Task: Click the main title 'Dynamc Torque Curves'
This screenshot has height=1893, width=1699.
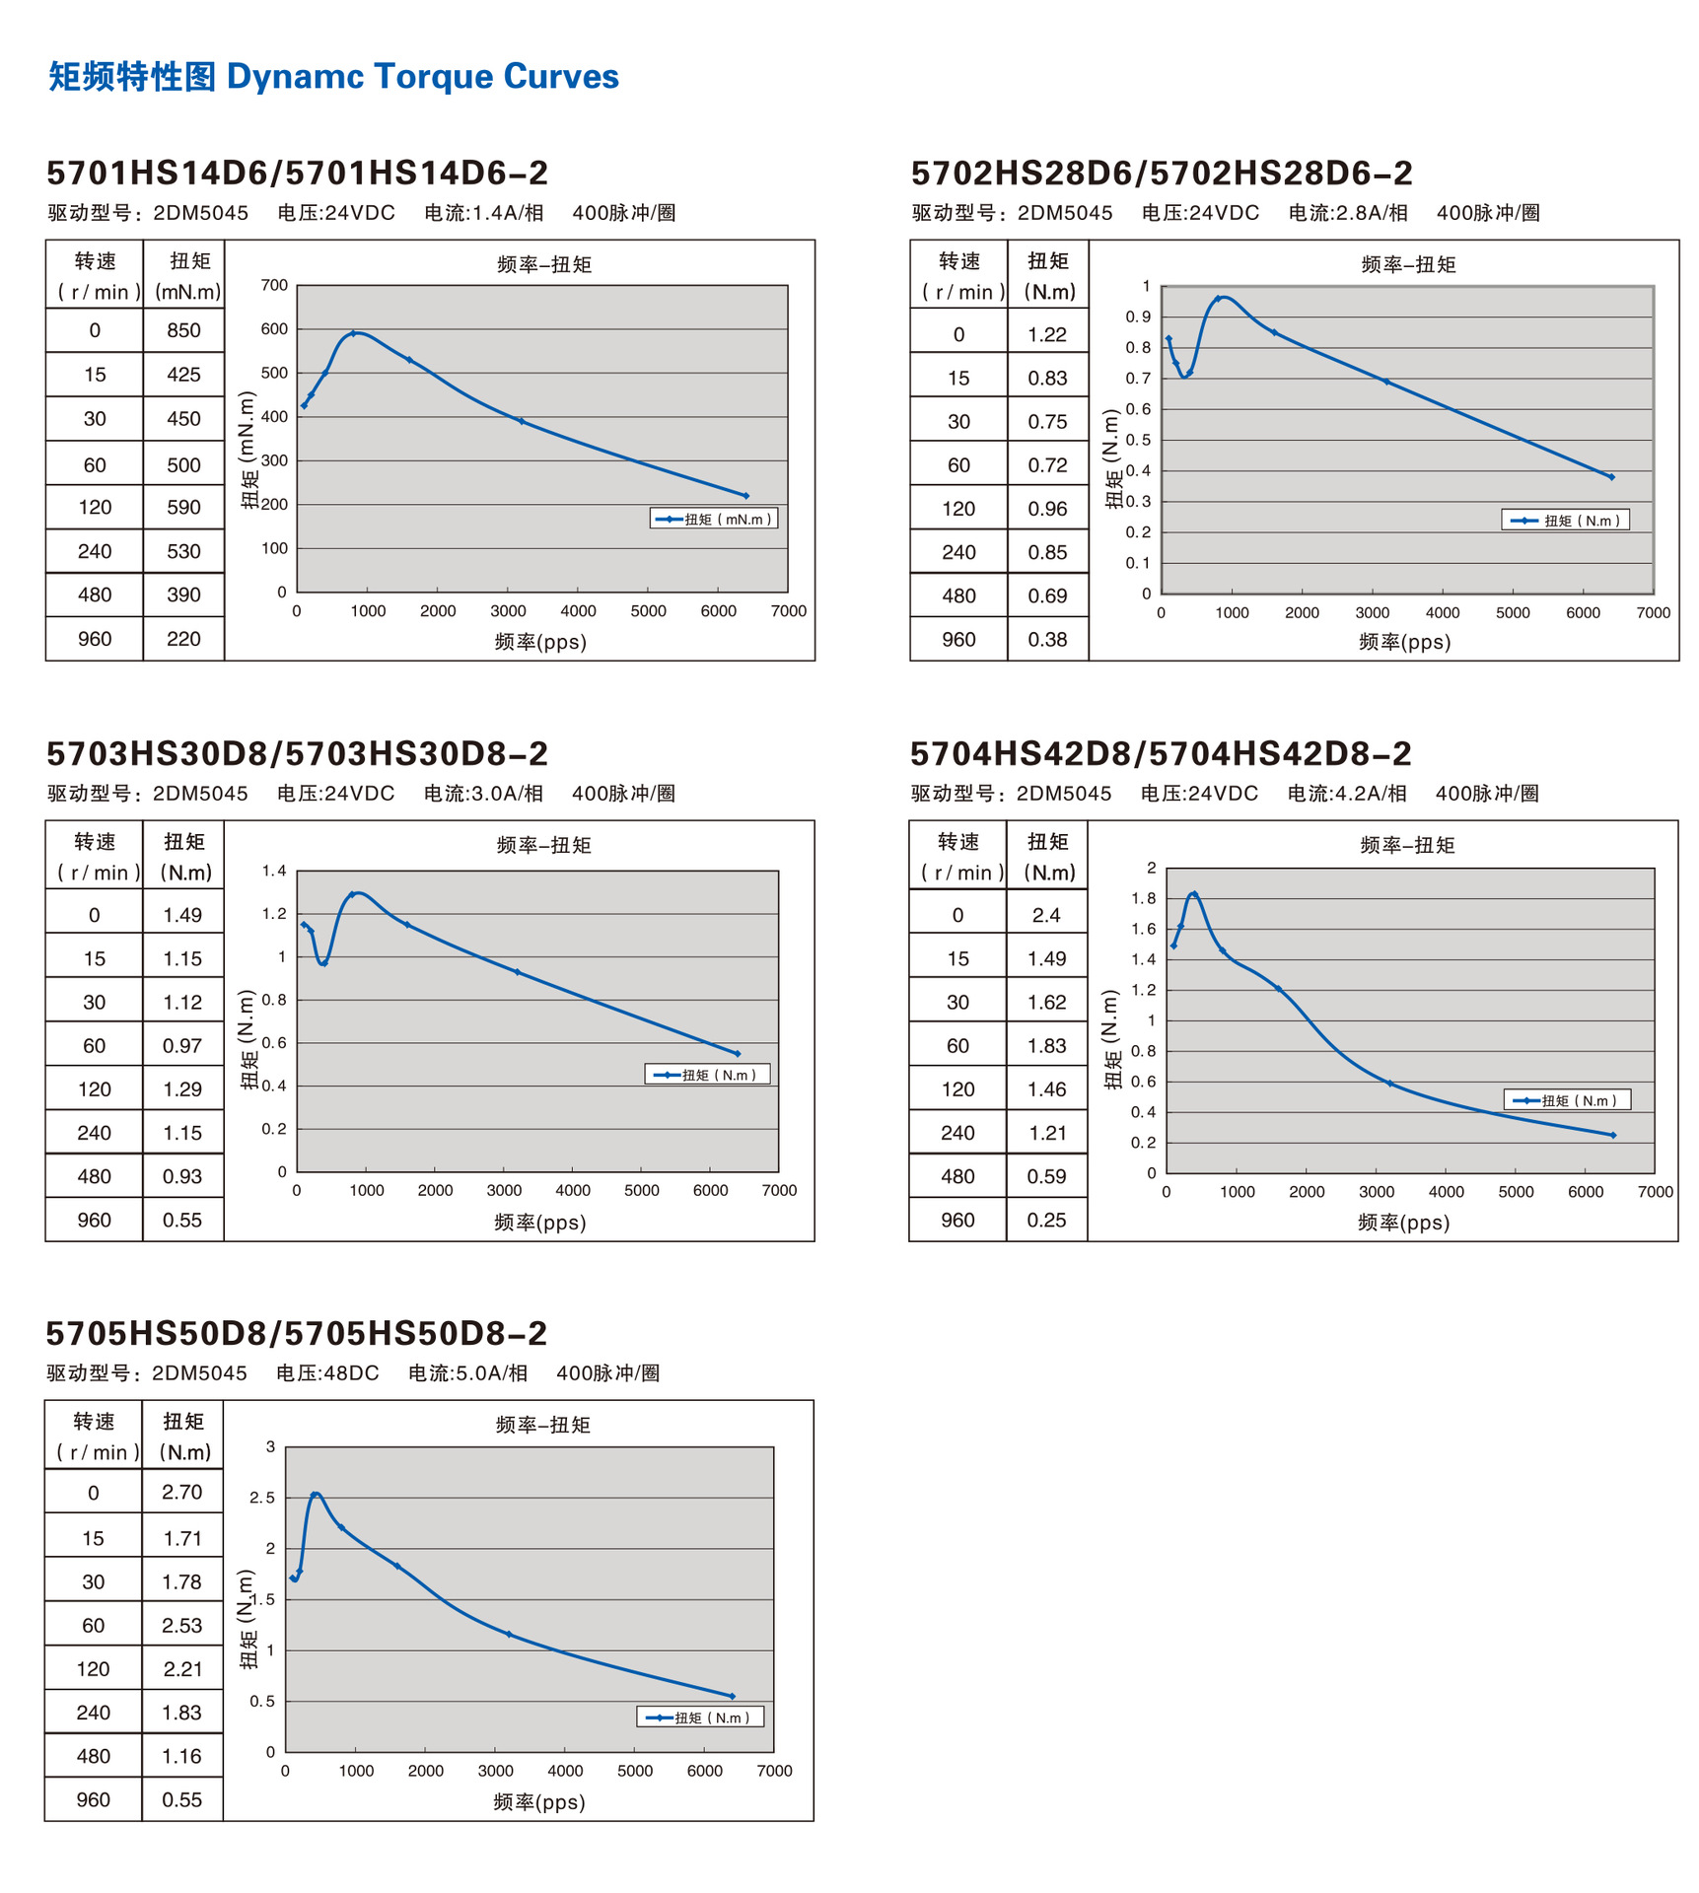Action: click(422, 77)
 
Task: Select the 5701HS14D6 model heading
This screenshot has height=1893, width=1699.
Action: click(297, 174)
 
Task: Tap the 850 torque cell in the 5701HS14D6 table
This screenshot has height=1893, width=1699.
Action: click(183, 331)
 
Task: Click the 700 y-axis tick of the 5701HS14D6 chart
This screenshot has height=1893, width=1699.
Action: click(274, 286)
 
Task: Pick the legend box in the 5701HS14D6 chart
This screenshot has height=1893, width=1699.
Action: click(713, 519)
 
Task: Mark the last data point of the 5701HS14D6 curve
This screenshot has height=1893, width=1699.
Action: click(745, 496)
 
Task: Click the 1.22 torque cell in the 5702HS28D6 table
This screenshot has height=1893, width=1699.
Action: click(1047, 335)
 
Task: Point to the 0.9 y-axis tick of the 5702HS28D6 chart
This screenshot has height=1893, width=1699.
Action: click(1138, 316)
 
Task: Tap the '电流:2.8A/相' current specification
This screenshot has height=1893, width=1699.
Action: click(1347, 213)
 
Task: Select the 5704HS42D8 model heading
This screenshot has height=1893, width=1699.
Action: click(1161, 754)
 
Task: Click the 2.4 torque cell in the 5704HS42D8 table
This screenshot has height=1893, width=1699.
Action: click(1046, 916)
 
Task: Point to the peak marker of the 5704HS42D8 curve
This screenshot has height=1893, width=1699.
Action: click(1194, 894)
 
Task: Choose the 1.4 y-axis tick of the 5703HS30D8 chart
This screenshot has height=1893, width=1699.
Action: click(274, 871)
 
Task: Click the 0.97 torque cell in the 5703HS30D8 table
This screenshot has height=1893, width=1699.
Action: click(182, 1046)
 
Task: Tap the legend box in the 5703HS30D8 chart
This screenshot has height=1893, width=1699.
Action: click(707, 1075)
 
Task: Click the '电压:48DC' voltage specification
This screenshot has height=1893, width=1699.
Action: click(327, 1373)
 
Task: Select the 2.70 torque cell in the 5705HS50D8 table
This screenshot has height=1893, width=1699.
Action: click(182, 1493)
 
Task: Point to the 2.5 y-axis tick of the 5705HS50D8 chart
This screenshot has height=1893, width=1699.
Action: click(262, 1498)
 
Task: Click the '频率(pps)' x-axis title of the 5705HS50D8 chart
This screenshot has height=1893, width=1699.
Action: click(539, 1802)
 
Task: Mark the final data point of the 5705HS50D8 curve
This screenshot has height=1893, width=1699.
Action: click(732, 1696)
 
